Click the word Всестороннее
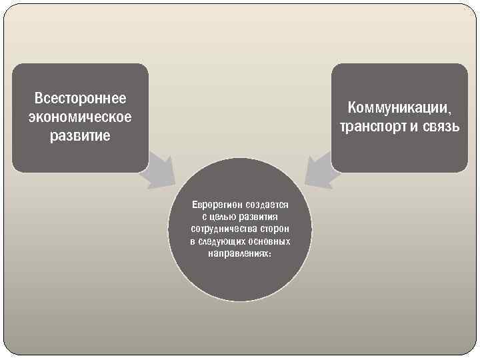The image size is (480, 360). [80, 99]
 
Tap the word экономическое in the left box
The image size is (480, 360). [80, 117]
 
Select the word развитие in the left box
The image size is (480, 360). [80, 136]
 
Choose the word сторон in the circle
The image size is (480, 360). [274, 229]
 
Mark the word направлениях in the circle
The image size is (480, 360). [237, 253]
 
